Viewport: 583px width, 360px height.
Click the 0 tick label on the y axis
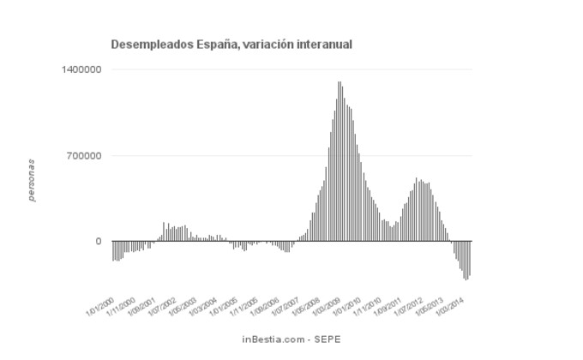click(x=99, y=241)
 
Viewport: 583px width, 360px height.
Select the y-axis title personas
click(x=32, y=180)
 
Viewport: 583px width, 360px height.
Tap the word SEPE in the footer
click(x=328, y=339)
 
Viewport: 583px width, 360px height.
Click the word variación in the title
click(x=251, y=43)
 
